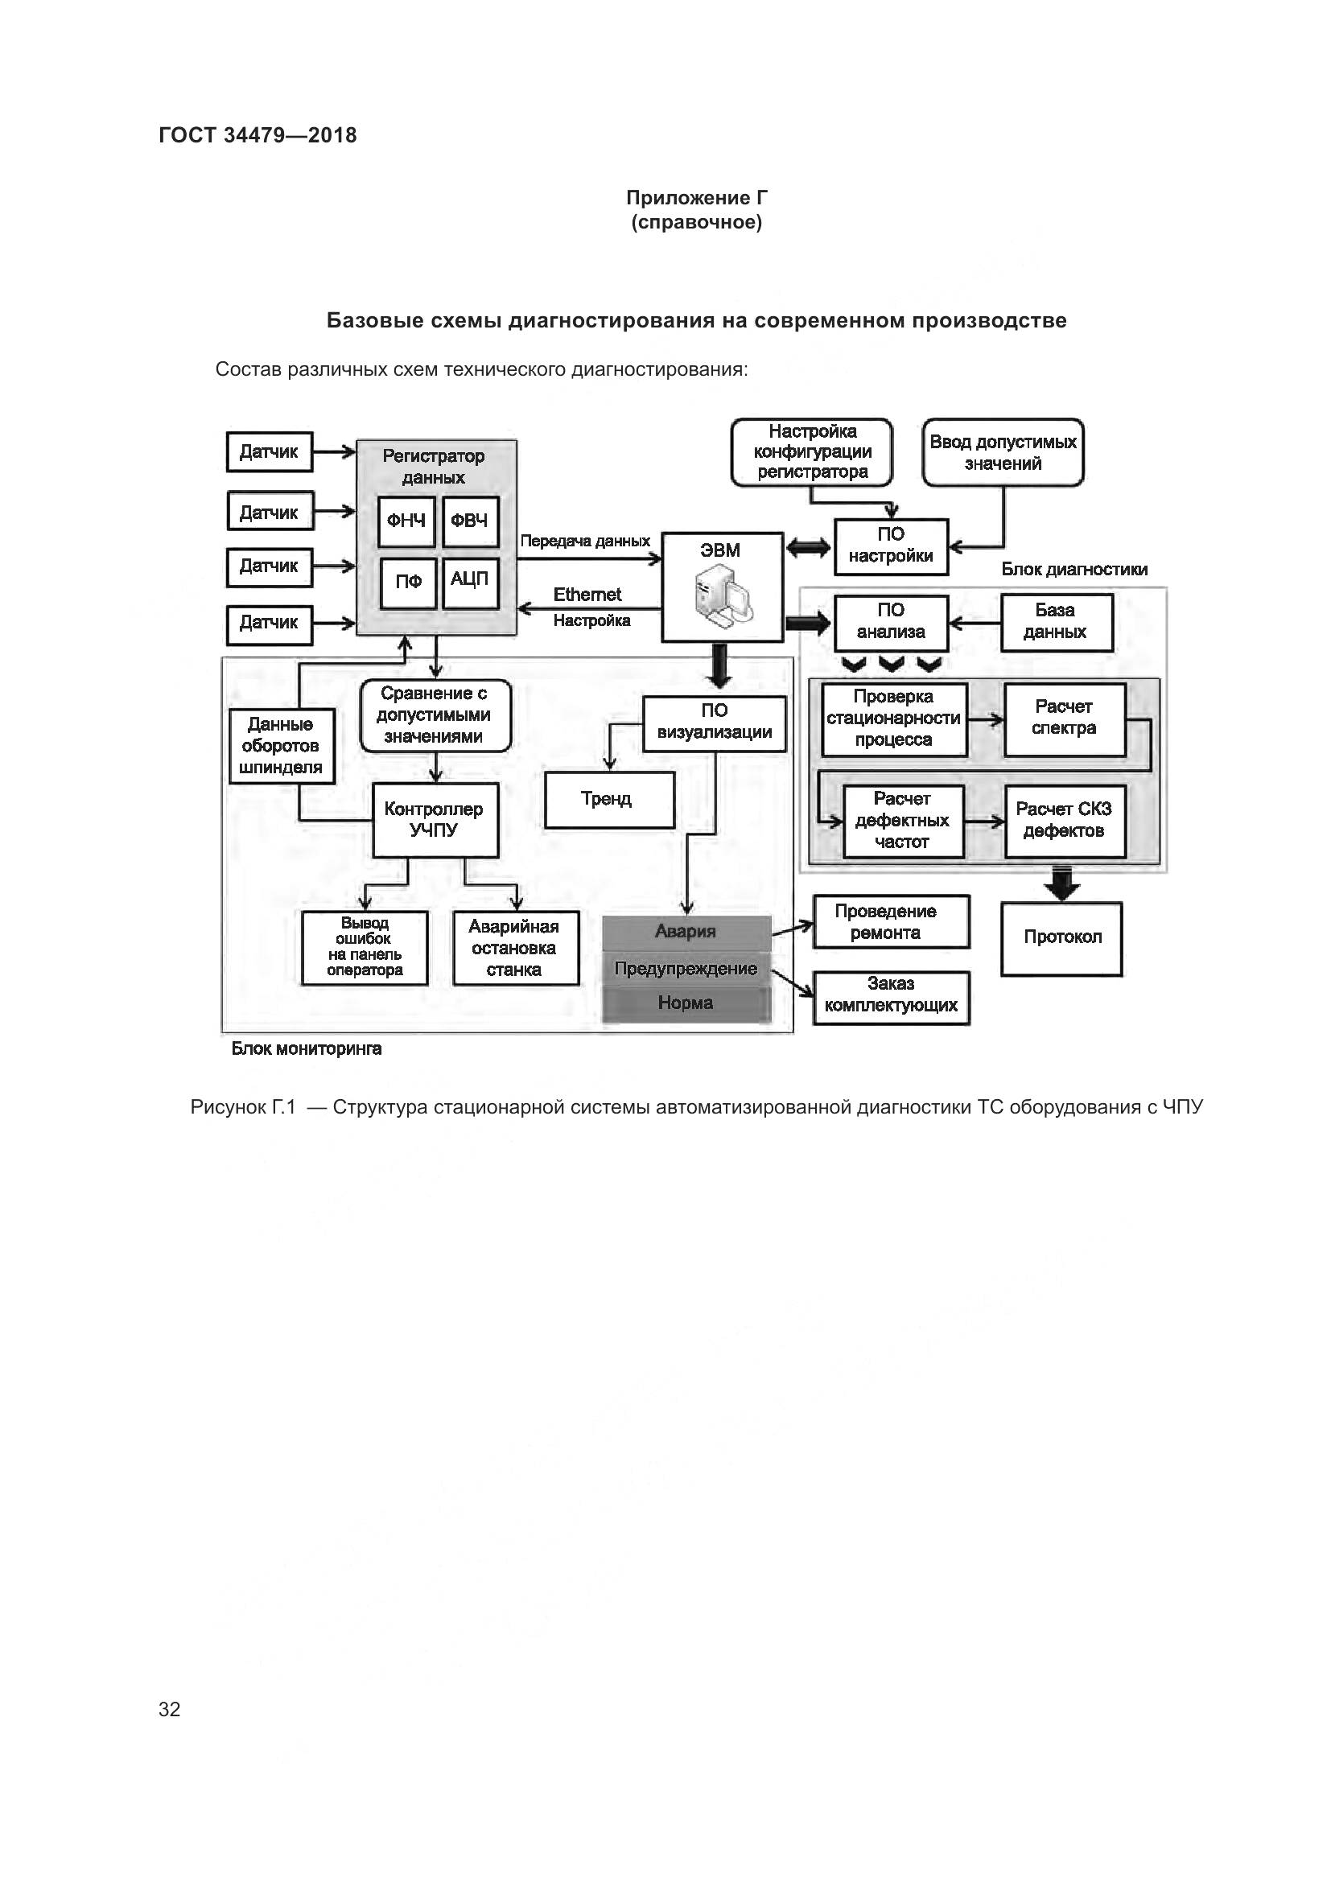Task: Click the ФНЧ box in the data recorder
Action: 406,521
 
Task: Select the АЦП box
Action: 470,581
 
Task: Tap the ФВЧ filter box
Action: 470,521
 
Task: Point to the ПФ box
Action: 407,583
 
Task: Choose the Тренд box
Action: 609,799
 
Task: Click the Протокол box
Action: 1061,938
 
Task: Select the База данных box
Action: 1056,622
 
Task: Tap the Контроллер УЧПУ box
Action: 435,821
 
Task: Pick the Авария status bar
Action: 686,932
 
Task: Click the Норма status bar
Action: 686,1004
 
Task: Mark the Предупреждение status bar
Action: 686,969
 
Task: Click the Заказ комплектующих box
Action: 891,996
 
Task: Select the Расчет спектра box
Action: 1064,719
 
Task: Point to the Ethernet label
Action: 587,595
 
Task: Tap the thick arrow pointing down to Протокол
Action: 1061,884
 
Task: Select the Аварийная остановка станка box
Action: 515,949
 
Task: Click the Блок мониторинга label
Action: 307,1049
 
